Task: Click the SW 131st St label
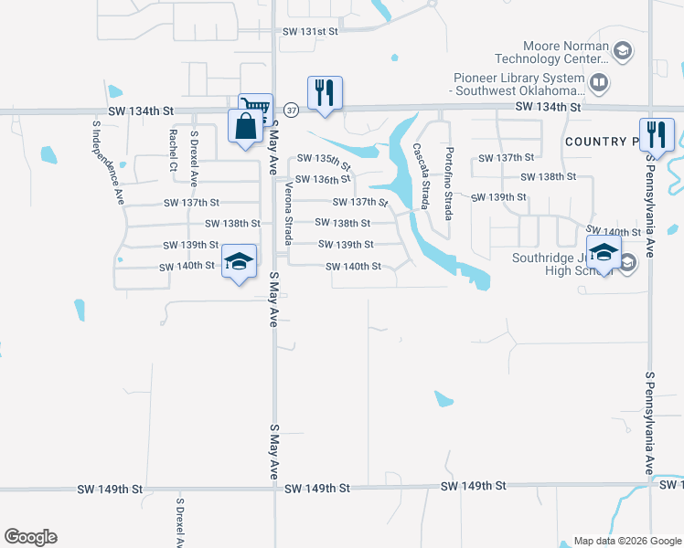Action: [311, 31]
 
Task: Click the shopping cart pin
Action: [256, 109]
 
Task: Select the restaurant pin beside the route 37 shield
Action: [325, 94]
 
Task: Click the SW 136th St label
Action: [323, 180]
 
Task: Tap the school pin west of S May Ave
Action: [239, 264]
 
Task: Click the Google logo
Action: [30, 537]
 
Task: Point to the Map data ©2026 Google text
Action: [625, 540]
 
